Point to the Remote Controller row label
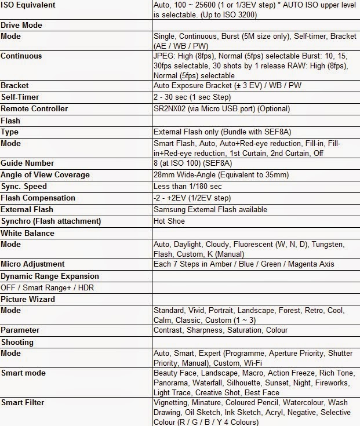34,108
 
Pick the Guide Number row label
27,163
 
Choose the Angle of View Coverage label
45,174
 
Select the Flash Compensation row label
38,198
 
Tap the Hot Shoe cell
169,221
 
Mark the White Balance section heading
27,233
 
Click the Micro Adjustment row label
32,264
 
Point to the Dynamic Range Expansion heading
50,276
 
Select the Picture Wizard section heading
28,299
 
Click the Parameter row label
20,330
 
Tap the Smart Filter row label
23,402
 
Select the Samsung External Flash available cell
210,209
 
